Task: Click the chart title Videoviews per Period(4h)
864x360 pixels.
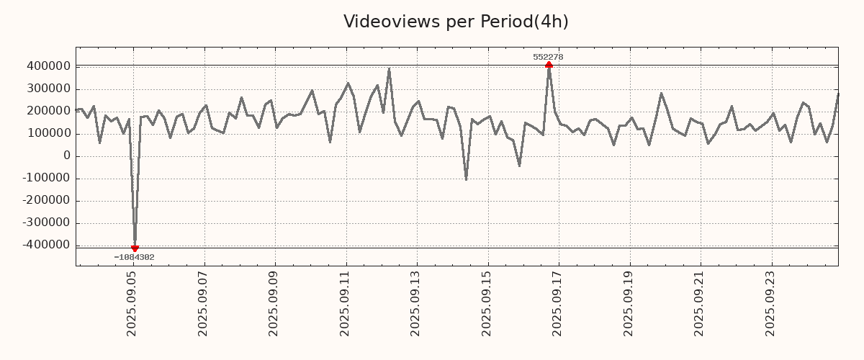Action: click(456, 22)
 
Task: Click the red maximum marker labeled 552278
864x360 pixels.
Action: click(549, 65)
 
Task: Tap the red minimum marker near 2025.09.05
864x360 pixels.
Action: click(135, 248)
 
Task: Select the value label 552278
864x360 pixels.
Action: click(548, 57)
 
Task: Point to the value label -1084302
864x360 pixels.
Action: click(134, 257)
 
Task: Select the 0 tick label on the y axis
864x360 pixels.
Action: click(67, 156)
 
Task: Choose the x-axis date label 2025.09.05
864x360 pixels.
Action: click(132, 303)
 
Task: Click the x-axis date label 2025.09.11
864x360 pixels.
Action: click(346, 303)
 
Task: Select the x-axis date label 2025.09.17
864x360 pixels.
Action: click(559, 303)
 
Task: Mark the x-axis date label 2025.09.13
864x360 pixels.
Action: click(417, 303)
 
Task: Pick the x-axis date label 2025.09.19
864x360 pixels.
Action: click(629, 303)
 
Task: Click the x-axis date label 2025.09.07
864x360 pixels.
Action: click(204, 303)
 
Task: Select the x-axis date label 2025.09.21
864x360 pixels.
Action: click(701, 303)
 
